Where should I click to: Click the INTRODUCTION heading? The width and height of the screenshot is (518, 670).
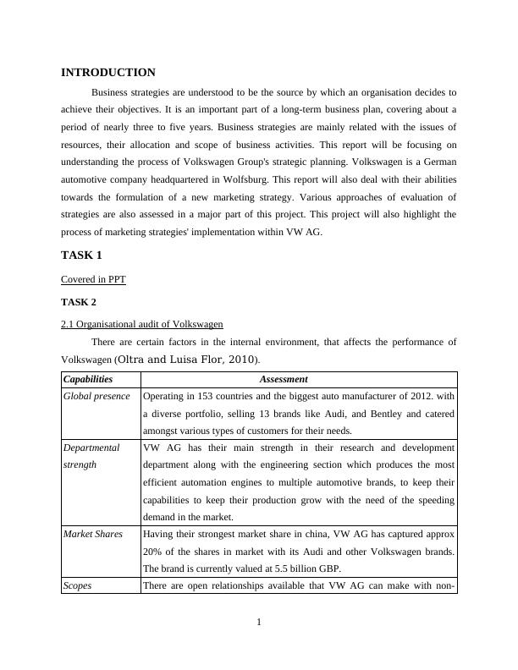point(108,73)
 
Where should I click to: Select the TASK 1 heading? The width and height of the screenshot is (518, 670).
point(81,255)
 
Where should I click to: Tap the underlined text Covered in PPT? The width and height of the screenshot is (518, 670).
point(93,279)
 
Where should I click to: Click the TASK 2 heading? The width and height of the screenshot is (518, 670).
point(80,301)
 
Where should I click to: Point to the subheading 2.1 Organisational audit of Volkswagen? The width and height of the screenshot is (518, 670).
point(142,324)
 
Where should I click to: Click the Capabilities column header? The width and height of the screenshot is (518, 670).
point(88,380)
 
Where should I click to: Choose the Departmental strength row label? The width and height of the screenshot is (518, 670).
point(91,456)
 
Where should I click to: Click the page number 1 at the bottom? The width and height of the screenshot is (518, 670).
point(259,623)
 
